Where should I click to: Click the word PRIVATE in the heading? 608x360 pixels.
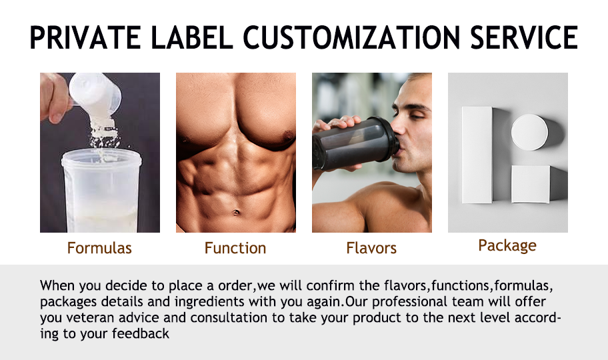pyautogui.click(x=85, y=37)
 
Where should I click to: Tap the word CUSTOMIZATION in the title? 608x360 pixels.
pyautogui.click(x=351, y=37)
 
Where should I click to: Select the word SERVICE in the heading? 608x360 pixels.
pyautogui.click(x=524, y=37)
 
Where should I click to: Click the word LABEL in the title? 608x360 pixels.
pyautogui.click(x=192, y=37)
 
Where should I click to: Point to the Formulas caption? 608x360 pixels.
pyautogui.click(x=99, y=248)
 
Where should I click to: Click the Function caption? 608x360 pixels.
pyautogui.click(x=235, y=248)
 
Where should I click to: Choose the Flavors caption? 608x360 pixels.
pyautogui.click(x=371, y=248)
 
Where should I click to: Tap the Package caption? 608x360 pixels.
pyautogui.click(x=507, y=246)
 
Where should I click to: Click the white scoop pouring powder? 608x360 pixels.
pyautogui.click(x=94, y=95)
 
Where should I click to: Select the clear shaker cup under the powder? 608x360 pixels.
pyautogui.click(x=101, y=191)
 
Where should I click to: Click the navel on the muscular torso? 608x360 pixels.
pyautogui.click(x=236, y=212)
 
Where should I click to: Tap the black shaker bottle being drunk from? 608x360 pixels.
pyautogui.click(x=355, y=143)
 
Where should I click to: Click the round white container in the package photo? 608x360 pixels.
pyautogui.click(x=529, y=132)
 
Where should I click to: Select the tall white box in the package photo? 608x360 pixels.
pyautogui.click(x=477, y=155)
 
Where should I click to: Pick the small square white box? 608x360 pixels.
pyautogui.click(x=530, y=184)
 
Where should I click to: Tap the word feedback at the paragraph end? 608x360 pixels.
pyautogui.click(x=141, y=333)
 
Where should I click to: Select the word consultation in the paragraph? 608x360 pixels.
pyautogui.click(x=229, y=318)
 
